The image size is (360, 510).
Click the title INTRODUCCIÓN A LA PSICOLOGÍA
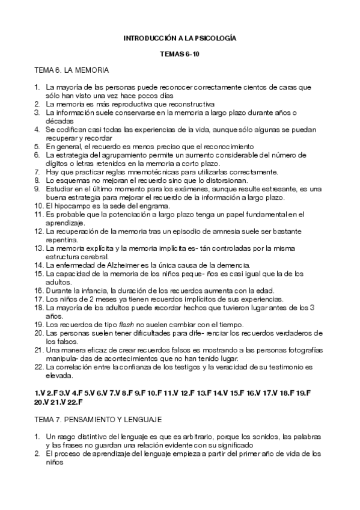pyautogui.click(x=180, y=37)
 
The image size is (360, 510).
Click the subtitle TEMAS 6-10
pyautogui.click(x=180, y=54)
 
